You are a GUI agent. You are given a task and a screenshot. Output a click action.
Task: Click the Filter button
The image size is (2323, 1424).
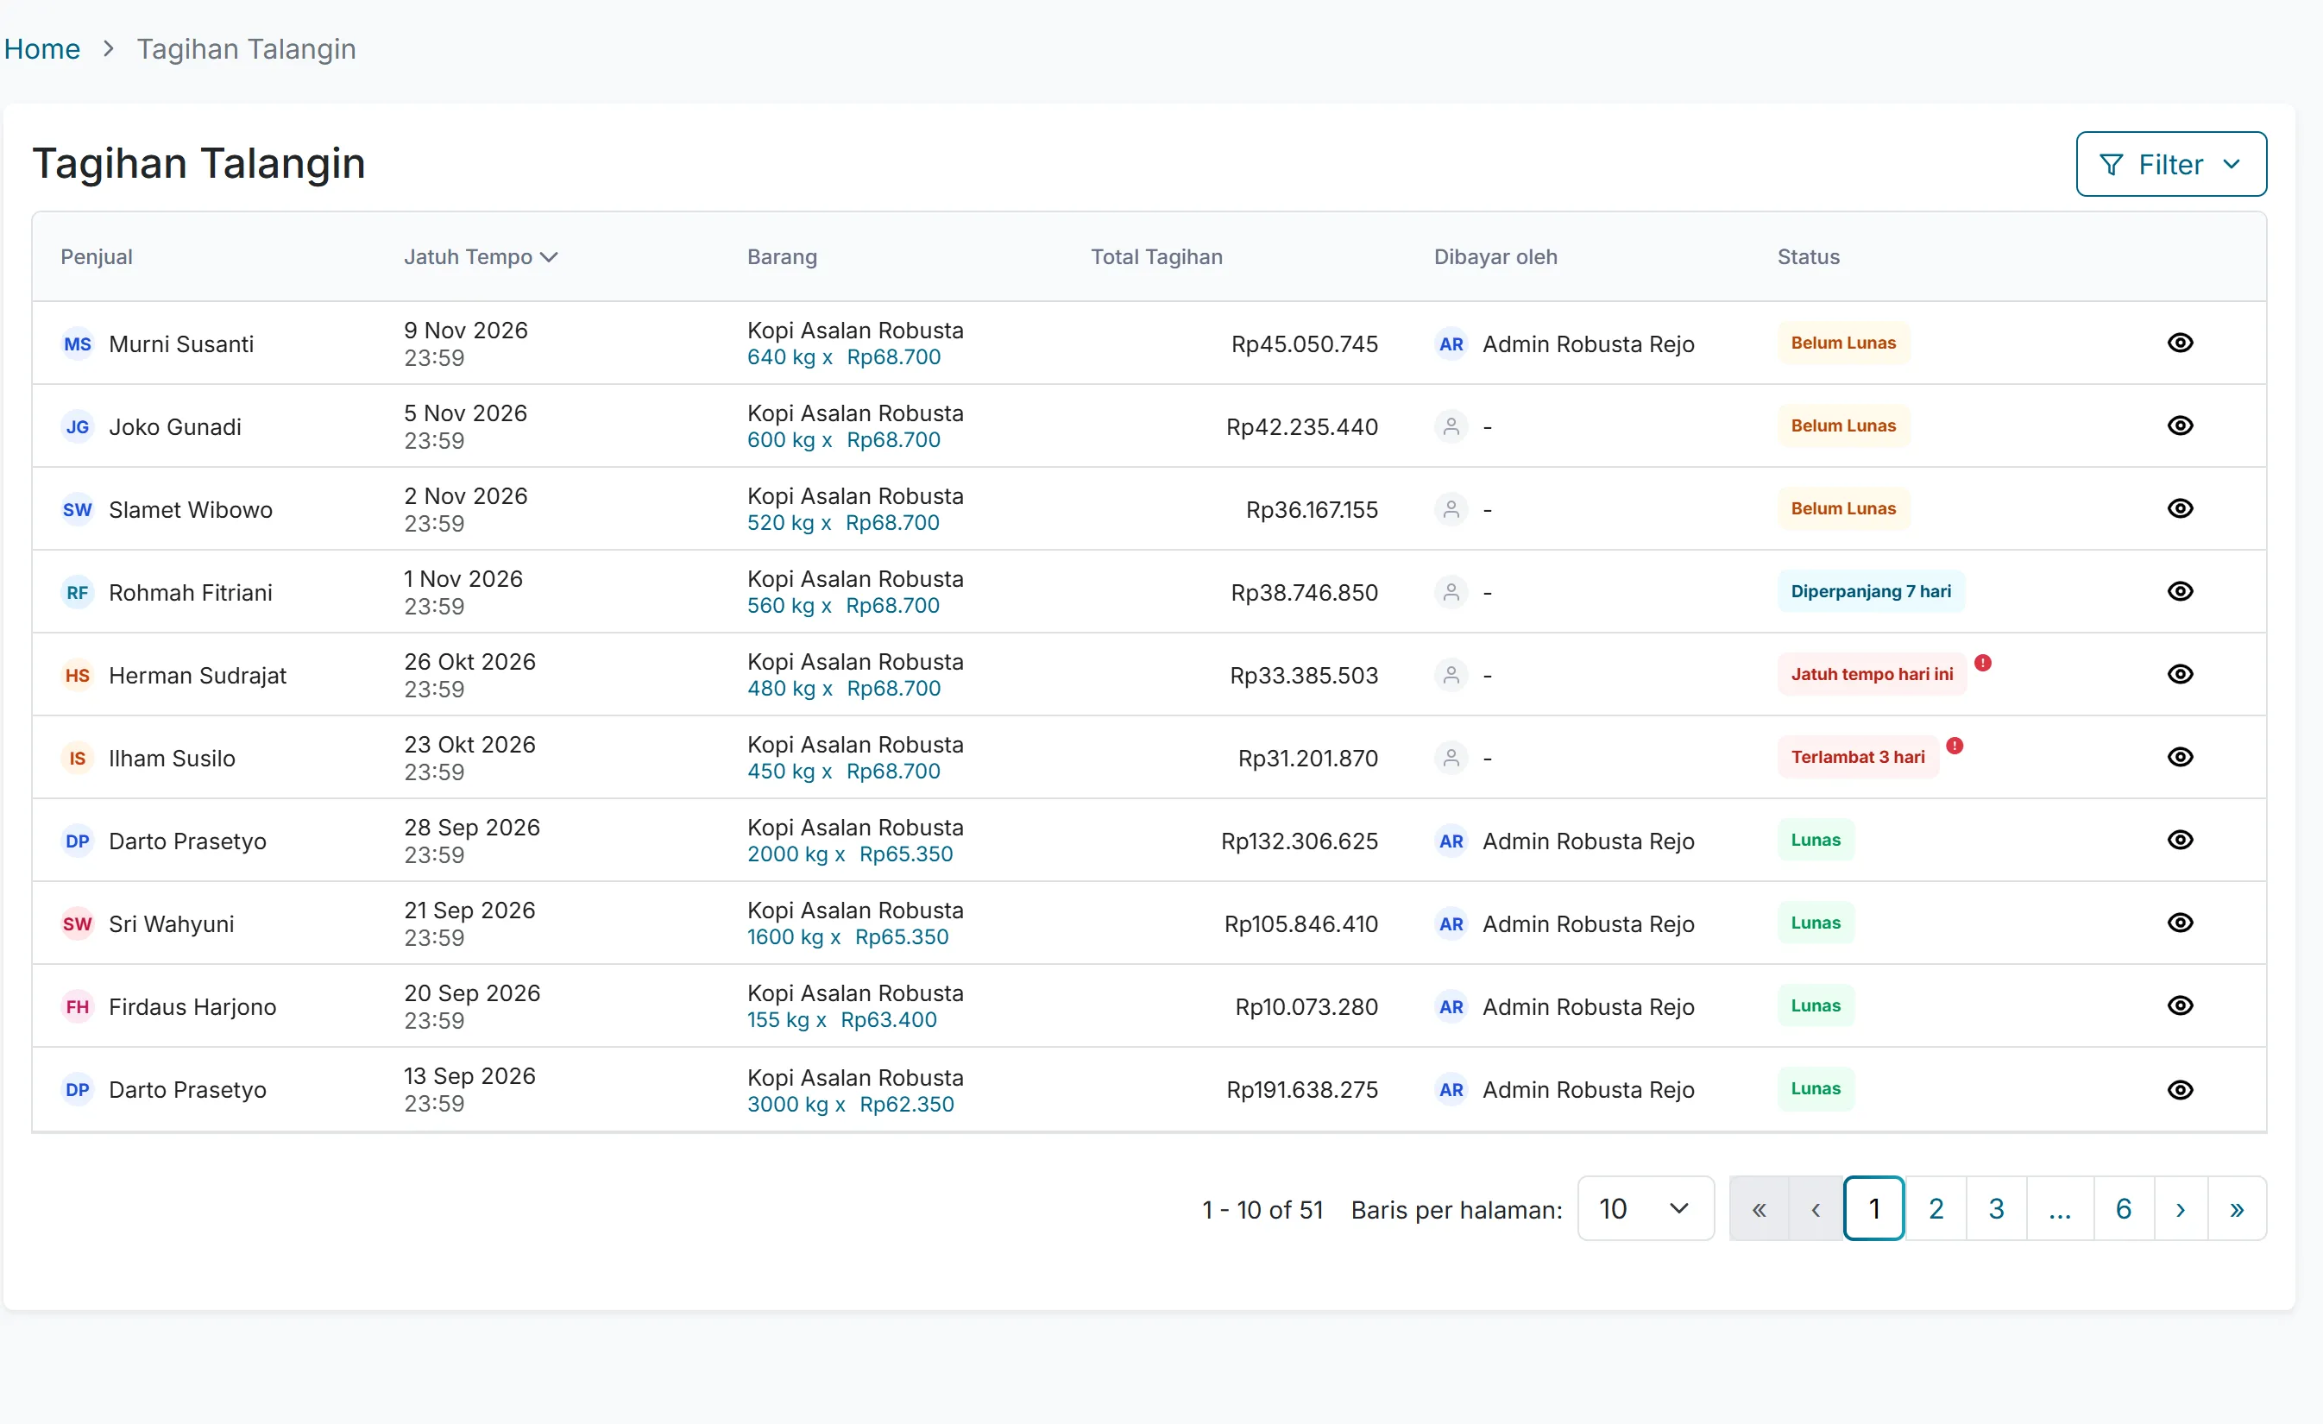pos(2170,164)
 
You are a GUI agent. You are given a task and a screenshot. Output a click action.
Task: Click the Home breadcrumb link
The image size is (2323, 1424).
pos(42,49)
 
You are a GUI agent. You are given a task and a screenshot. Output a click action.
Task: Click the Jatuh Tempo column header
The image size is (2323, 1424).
pos(481,256)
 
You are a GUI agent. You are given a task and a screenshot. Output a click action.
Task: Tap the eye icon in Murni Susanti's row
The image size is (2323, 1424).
pos(2180,343)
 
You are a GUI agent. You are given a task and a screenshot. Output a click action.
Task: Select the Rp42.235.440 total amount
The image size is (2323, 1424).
pos(1302,427)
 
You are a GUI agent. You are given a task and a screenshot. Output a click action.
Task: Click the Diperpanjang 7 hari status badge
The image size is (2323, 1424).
pos(1871,591)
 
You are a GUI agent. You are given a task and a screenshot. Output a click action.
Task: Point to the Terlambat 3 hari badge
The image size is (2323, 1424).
pos(1857,757)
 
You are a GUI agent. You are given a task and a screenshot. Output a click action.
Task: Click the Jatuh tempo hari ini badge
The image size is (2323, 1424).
pos(1872,674)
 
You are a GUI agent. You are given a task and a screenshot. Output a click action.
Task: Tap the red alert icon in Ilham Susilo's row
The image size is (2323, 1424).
pos(1955,746)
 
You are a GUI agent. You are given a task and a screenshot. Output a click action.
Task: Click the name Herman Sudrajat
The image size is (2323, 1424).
pos(198,675)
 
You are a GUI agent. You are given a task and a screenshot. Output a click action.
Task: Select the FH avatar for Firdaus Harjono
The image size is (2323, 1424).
pos(78,1007)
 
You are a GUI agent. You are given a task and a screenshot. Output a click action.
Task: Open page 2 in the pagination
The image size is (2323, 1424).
pos(1936,1209)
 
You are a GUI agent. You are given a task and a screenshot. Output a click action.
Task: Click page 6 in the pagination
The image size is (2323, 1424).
pos(2123,1209)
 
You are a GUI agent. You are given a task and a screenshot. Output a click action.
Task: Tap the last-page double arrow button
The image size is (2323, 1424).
pos(2236,1209)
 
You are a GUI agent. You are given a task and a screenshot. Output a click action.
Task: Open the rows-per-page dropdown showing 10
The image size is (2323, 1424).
pos(1645,1209)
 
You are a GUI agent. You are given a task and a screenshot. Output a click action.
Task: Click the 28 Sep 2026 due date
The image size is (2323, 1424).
pos(472,828)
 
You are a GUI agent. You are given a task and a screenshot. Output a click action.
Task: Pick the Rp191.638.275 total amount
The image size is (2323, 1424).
pos(1302,1090)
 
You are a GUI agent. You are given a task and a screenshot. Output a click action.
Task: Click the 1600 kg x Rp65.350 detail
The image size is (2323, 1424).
pos(847,937)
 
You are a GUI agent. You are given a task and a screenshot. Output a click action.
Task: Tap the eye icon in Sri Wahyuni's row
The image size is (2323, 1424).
pos(2180,923)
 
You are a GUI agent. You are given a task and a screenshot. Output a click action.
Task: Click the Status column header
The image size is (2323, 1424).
pos(1808,256)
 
